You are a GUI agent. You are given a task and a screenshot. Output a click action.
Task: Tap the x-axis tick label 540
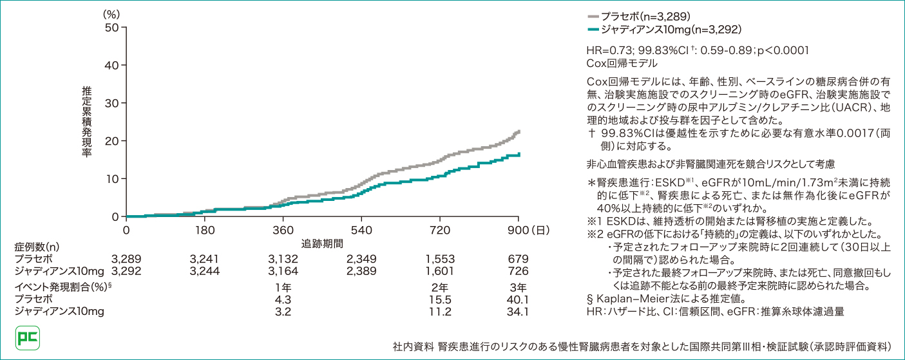click(x=362, y=231)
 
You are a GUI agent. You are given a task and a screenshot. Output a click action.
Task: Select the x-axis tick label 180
click(x=205, y=231)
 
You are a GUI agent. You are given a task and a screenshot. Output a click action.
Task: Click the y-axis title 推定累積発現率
click(x=87, y=122)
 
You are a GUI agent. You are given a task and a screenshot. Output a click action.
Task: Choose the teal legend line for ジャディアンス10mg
click(x=593, y=30)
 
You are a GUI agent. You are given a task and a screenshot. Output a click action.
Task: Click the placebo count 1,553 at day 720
click(x=439, y=259)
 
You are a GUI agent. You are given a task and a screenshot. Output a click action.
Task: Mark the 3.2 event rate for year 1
click(x=283, y=312)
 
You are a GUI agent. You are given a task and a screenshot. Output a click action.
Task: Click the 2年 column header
click(x=439, y=287)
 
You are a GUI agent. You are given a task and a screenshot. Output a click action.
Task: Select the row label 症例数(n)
click(x=37, y=247)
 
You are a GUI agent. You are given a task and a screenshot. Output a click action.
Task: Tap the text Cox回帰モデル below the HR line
click(x=622, y=63)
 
